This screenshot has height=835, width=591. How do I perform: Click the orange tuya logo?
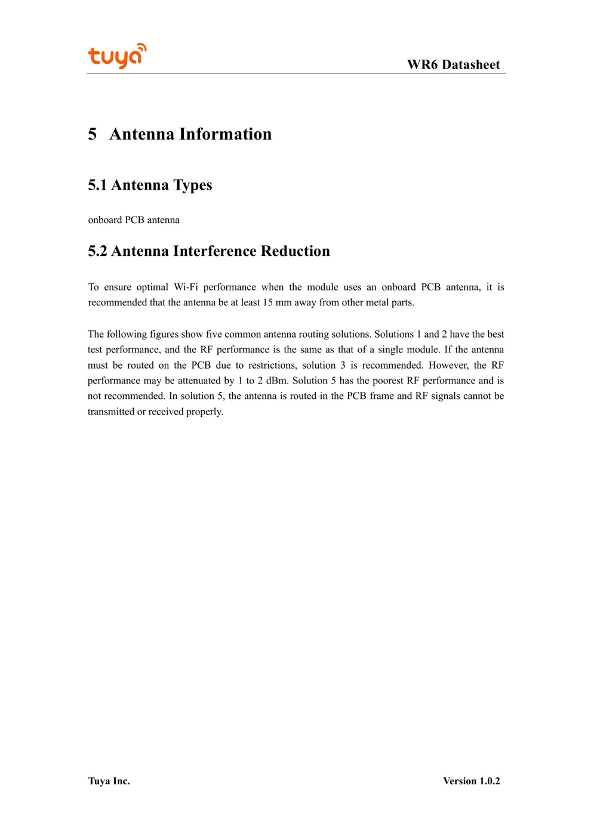point(117,56)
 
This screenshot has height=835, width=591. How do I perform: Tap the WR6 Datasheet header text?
point(453,64)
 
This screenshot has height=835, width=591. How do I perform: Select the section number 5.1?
point(97,185)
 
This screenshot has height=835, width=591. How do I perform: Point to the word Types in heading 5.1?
point(192,185)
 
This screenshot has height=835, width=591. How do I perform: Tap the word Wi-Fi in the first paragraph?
point(186,287)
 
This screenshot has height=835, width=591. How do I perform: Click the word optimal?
point(152,287)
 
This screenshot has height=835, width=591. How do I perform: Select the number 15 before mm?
point(267,302)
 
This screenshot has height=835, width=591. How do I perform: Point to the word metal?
point(377,302)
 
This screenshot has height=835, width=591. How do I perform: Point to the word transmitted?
point(111,412)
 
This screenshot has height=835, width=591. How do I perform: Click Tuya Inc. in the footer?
point(109,781)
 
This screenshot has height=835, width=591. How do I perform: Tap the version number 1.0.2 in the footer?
point(490,781)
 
